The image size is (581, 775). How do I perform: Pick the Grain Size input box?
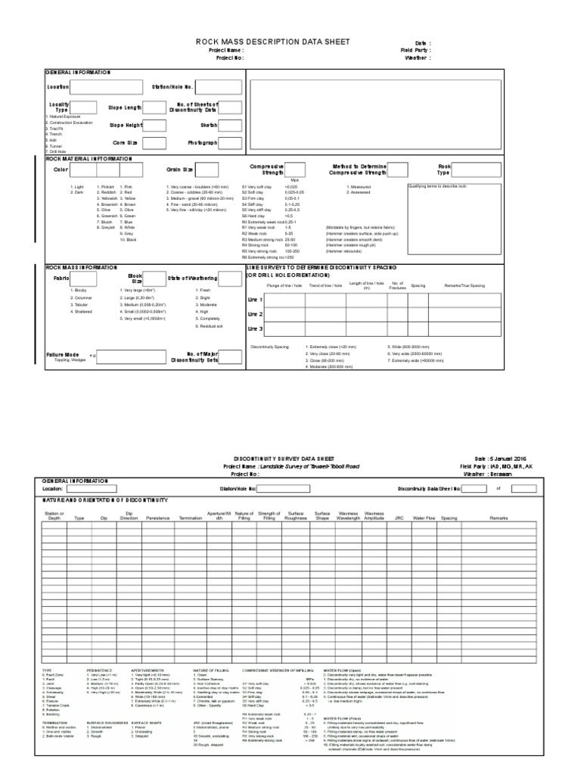coord(208,170)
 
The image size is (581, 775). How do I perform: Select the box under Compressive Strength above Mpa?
coord(295,170)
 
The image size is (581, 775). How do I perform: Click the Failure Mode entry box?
coord(129,357)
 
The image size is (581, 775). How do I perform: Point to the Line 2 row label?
coord(255,314)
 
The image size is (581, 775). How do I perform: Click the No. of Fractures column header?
coord(398,286)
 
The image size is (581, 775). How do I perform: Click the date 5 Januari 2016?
coord(517,459)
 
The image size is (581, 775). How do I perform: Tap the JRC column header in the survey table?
coord(399,518)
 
